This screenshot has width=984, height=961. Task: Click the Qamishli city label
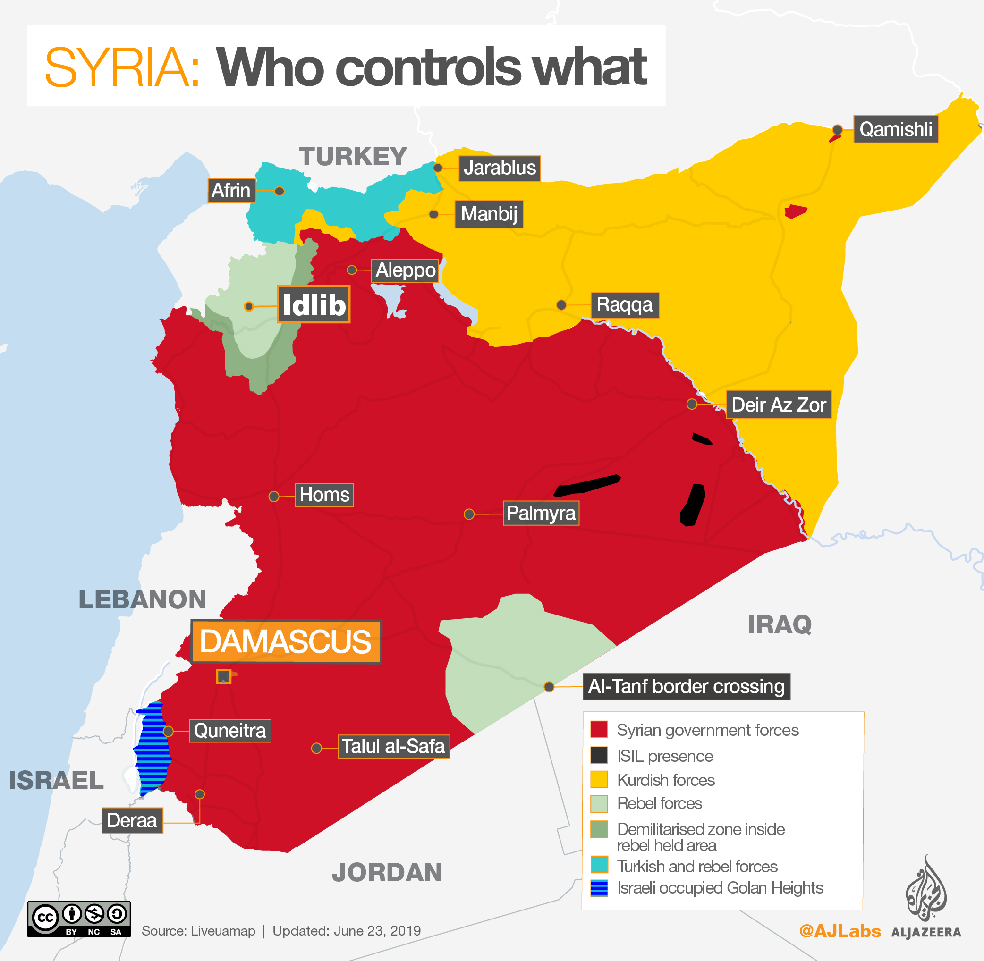click(x=895, y=129)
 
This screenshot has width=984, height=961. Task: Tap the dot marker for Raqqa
click(x=561, y=305)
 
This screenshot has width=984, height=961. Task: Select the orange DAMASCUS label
click(x=285, y=641)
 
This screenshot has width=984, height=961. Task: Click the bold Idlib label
click(x=314, y=305)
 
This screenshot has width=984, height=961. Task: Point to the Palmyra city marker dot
click(x=468, y=514)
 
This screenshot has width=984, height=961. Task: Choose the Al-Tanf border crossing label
click(x=686, y=686)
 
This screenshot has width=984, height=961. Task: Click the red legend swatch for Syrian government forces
click(x=599, y=730)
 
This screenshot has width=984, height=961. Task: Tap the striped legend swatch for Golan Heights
click(x=599, y=888)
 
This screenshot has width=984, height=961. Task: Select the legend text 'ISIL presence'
click(x=664, y=756)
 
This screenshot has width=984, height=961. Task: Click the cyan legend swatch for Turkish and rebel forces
click(x=599, y=865)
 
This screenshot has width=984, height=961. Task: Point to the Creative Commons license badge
click(x=79, y=919)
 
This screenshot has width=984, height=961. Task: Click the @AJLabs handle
click(x=840, y=931)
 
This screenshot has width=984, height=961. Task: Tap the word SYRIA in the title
click(x=122, y=67)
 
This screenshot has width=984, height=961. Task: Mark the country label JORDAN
click(x=387, y=873)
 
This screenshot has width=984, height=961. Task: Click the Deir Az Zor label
click(x=778, y=405)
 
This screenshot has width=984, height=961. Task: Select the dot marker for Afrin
click(x=279, y=191)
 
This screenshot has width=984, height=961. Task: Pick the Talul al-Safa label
click(x=393, y=747)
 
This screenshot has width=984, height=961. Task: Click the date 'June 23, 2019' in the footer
click(x=377, y=931)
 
